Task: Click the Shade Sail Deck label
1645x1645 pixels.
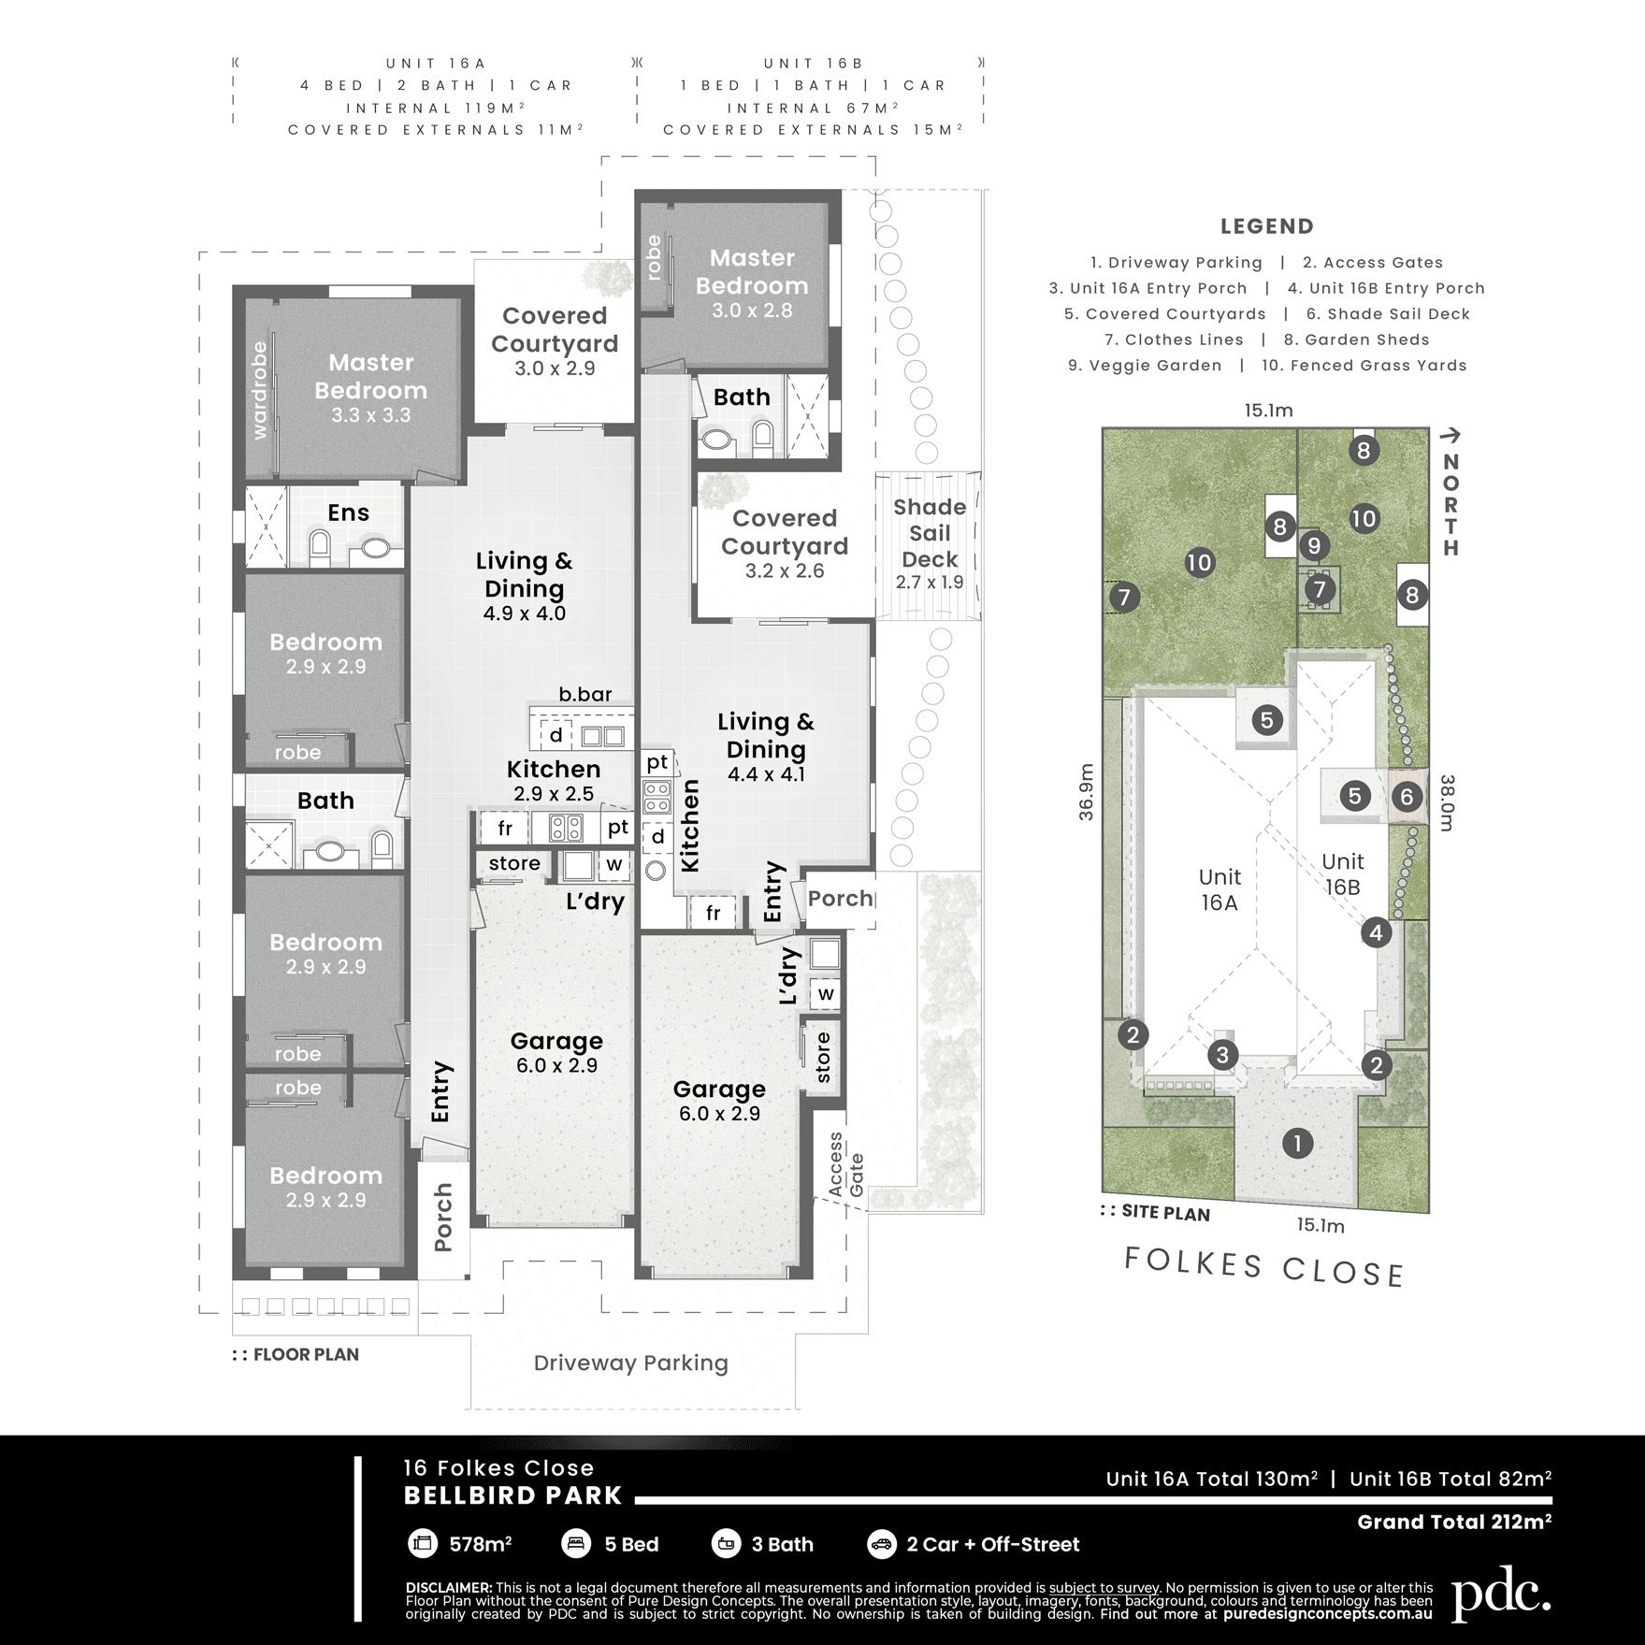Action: pos(929,533)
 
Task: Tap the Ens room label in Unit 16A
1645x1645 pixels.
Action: pos(348,512)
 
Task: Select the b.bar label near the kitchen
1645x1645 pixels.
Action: pos(585,694)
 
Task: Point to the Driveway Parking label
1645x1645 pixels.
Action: pos(630,1363)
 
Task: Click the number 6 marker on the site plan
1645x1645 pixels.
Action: pos(1406,797)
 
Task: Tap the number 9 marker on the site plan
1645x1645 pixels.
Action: pos(1314,544)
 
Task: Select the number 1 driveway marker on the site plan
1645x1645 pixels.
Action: pos(1297,1143)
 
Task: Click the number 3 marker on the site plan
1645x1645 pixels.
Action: pos(1222,1056)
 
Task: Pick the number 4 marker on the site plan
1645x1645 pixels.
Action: pos(1376,932)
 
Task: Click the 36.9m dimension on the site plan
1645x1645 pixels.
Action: pos(1086,792)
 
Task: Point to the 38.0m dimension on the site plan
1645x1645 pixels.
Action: pos(1447,802)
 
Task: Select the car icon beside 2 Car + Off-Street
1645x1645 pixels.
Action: pos(880,1544)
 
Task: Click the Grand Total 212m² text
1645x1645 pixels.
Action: pos(1454,1522)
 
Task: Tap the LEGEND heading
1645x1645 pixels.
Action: pos(1266,226)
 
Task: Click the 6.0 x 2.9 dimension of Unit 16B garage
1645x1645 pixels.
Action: pos(719,1114)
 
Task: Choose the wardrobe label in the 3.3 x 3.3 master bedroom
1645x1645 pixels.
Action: pos(260,390)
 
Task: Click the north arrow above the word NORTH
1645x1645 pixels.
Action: pos(1450,435)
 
